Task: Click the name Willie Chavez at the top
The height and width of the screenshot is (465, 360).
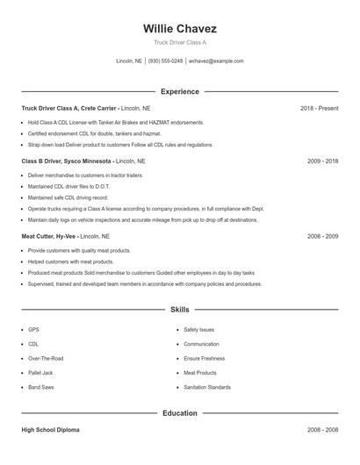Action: pyautogui.click(x=179, y=29)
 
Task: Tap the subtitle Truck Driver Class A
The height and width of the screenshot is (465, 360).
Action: pyautogui.click(x=179, y=42)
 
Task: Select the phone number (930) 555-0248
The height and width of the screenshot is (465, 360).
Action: pyautogui.click(x=165, y=61)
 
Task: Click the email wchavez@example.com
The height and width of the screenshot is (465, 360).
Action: pyautogui.click(x=216, y=61)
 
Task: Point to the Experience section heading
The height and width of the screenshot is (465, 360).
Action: pyautogui.click(x=179, y=91)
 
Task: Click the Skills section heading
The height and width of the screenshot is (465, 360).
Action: pyautogui.click(x=179, y=310)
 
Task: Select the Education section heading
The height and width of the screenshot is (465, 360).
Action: pyautogui.click(x=179, y=412)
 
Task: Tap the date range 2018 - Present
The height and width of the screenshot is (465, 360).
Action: pyautogui.click(x=319, y=108)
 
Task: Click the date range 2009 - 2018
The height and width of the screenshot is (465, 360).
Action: pyautogui.click(x=322, y=161)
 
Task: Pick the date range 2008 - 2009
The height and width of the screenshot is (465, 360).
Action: pyautogui.click(x=322, y=236)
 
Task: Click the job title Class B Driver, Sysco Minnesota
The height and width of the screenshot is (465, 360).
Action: pyautogui.click(x=67, y=161)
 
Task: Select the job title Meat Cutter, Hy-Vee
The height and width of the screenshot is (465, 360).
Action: pyautogui.click(x=49, y=236)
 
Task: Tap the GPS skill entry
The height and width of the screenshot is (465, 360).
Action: pyautogui.click(x=33, y=330)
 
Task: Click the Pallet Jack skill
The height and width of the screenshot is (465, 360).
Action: pyautogui.click(x=40, y=373)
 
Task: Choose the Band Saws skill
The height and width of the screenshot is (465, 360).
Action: pyautogui.click(x=40, y=387)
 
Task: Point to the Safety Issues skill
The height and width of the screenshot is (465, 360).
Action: pyautogui.click(x=198, y=330)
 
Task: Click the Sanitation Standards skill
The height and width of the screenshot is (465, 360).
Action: pyautogui.click(x=207, y=387)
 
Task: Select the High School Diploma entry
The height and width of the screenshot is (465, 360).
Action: pyautogui.click(x=51, y=430)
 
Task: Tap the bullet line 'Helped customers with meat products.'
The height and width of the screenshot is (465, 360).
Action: pyautogui.click(x=71, y=261)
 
